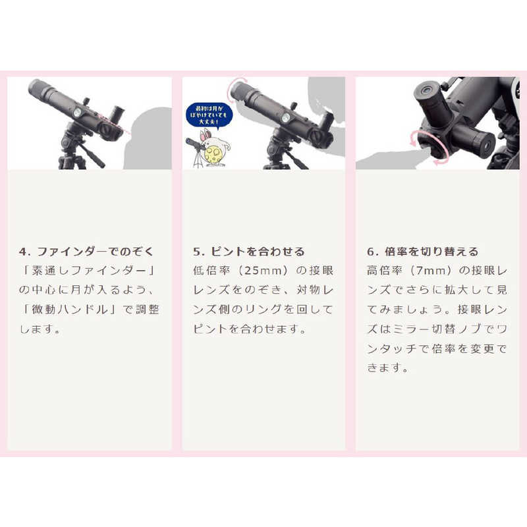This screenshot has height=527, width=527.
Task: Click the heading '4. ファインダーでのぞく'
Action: click(86, 252)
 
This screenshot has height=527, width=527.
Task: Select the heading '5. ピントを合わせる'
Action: click(249, 252)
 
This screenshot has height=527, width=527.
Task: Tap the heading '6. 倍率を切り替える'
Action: click(422, 252)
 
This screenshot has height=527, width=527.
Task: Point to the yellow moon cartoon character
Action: click(215, 153)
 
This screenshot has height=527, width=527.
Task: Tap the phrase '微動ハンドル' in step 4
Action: click(70, 309)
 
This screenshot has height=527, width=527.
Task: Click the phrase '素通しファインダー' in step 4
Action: click(89, 271)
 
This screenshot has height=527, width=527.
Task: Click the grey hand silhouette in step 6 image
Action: click(390, 159)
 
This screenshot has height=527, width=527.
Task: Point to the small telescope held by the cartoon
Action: click(196, 144)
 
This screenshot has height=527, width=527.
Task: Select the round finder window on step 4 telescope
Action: click(76, 112)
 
